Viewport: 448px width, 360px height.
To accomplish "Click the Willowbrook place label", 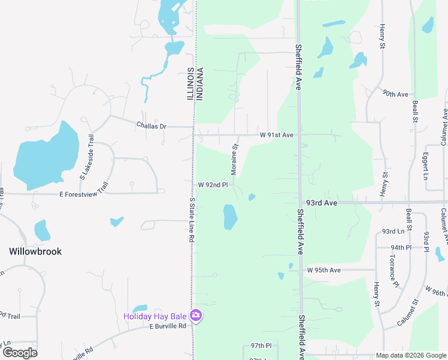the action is pos(35,251).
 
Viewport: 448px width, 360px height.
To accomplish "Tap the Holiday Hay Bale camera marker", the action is pos(195,316).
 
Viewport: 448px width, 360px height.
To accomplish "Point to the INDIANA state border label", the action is pos(200,84).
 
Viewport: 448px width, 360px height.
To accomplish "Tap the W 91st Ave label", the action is pos(276,135).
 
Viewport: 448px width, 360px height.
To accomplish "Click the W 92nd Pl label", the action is pos(213,185).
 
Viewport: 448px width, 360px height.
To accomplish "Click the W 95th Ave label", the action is pos(323,270).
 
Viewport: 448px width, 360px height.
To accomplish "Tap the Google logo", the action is pos(20,353).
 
